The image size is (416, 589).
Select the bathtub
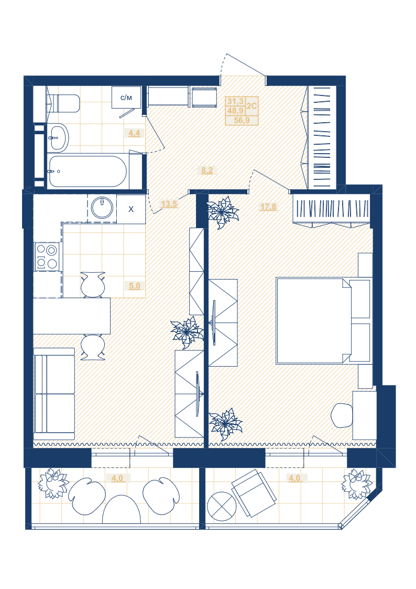87,172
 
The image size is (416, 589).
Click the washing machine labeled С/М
126,98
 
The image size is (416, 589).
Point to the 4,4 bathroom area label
134,133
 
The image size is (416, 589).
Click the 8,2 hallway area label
206,170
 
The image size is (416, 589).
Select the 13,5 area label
169,204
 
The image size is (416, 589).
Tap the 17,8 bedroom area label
268,207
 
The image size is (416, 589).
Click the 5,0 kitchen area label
134,286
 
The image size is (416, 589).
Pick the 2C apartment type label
251,106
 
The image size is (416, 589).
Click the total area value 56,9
242,120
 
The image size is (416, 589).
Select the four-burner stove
47,256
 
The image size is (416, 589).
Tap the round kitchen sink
102,208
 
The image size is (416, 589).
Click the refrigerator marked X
131,209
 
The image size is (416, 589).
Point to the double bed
324,321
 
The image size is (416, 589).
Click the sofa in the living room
54,394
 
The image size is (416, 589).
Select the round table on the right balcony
222,506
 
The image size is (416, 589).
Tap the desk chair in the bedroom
342,415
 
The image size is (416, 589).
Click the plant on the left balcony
54,483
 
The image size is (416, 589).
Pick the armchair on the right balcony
254,492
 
